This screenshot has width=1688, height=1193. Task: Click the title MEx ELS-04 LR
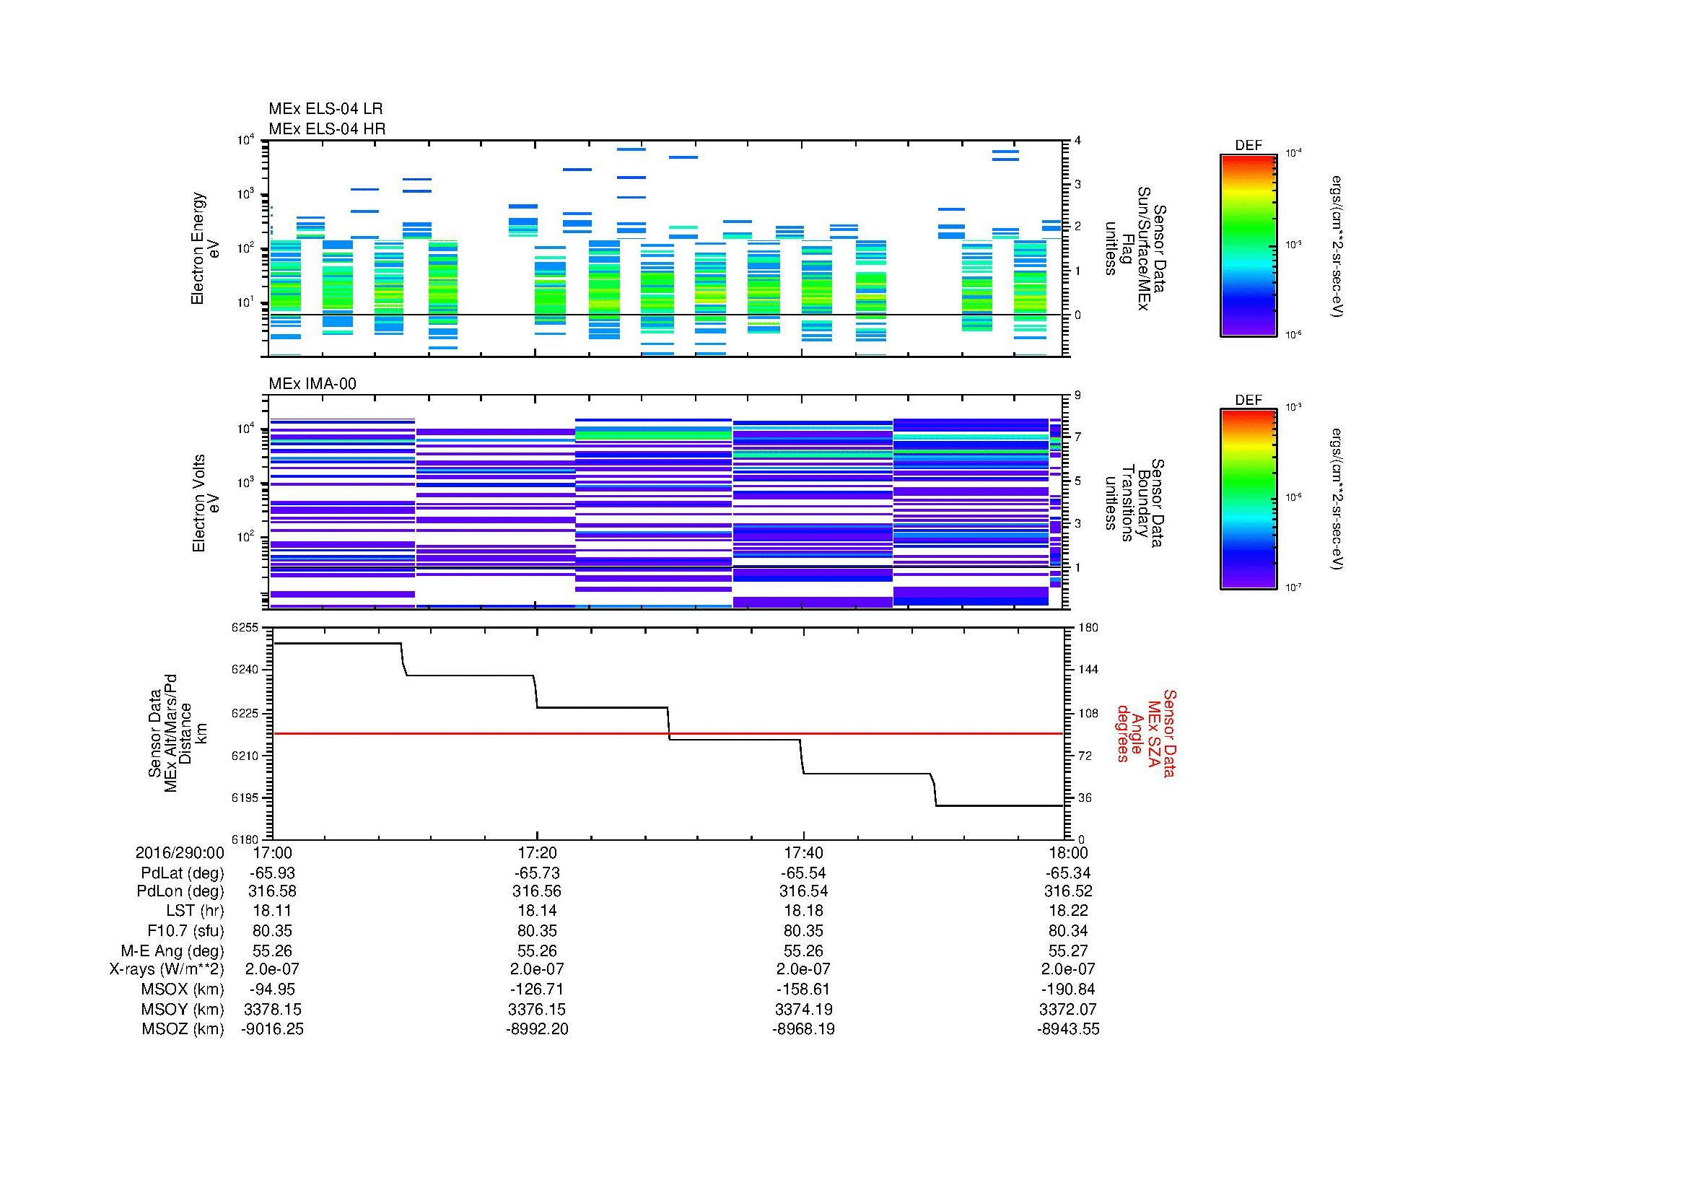pyautogui.click(x=325, y=109)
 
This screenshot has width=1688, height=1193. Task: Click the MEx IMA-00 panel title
pyautogui.click(x=312, y=384)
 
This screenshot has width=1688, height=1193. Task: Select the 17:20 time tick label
pyautogui.click(x=537, y=852)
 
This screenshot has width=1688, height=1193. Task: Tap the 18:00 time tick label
pyautogui.click(x=1068, y=852)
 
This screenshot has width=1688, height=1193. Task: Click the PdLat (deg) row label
pyautogui.click(x=183, y=873)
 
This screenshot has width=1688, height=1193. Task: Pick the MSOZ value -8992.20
pyautogui.click(x=537, y=1029)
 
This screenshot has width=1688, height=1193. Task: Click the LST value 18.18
pyautogui.click(x=803, y=911)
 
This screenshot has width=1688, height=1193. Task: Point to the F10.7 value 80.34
pyautogui.click(x=1068, y=930)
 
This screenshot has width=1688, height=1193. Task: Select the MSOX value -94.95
pyautogui.click(x=272, y=989)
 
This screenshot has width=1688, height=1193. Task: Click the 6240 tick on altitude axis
pyautogui.click(x=244, y=670)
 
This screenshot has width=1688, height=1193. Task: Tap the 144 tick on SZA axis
pyautogui.click(x=1088, y=670)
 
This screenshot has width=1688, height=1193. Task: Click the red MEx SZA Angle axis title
pyautogui.click(x=1145, y=733)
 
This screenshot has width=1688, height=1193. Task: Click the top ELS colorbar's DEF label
pyautogui.click(x=1248, y=146)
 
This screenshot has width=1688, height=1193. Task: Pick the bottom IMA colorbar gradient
pyautogui.click(x=1248, y=499)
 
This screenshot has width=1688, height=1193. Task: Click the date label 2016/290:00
pyautogui.click(x=180, y=852)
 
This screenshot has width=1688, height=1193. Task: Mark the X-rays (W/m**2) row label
pyautogui.click(x=167, y=969)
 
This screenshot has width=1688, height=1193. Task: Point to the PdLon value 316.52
pyautogui.click(x=1068, y=891)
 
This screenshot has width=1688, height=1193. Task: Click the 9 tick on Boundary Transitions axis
pyautogui.click(x=1077, y=395)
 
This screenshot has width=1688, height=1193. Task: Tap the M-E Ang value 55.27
pyautogui.click(x=1068, y=951)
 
